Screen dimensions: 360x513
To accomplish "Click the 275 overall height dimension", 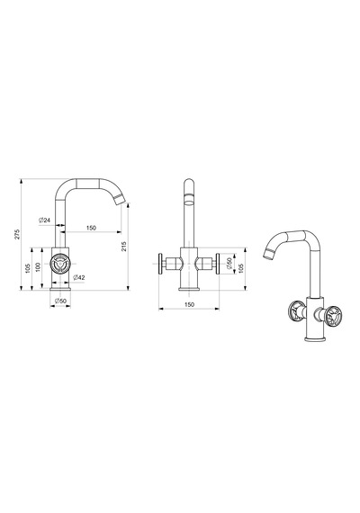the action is [17, 234].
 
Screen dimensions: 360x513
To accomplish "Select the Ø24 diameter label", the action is [44, 220].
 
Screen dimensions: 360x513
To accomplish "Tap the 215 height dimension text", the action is [123, 247].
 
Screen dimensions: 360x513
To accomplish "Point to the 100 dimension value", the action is [38, 267].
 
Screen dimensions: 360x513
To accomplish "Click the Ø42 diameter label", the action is [79, 277].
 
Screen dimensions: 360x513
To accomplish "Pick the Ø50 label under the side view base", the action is [60, 301].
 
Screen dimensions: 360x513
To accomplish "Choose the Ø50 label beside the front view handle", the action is [229, 264].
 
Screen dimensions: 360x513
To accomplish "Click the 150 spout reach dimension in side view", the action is [91, 228].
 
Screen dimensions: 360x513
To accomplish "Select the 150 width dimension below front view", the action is [190, 304].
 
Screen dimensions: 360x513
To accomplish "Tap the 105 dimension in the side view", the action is [28, 268].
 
